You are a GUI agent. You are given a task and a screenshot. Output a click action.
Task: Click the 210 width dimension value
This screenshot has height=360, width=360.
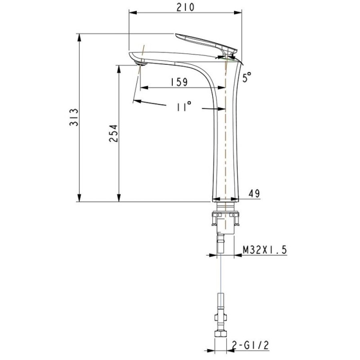click(x=185, y=7)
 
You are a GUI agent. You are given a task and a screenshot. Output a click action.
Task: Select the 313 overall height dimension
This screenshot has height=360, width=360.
click(x=74, y=117)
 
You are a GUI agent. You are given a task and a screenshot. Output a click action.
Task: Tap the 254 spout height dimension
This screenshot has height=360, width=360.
click(x=114, y=133)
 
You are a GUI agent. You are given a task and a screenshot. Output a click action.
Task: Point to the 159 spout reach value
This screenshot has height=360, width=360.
click(x=179, y=82)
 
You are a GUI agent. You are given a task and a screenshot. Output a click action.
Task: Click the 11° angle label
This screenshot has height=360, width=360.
click(x=184, y=106)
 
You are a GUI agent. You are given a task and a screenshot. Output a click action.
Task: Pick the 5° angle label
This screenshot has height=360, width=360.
click(x=247, y=77)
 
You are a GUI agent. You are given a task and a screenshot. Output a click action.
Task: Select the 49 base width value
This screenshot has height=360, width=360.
click(x=254, y=193)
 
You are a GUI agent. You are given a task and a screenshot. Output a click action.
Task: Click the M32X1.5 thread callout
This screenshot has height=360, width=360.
click(x=265, y=250)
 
